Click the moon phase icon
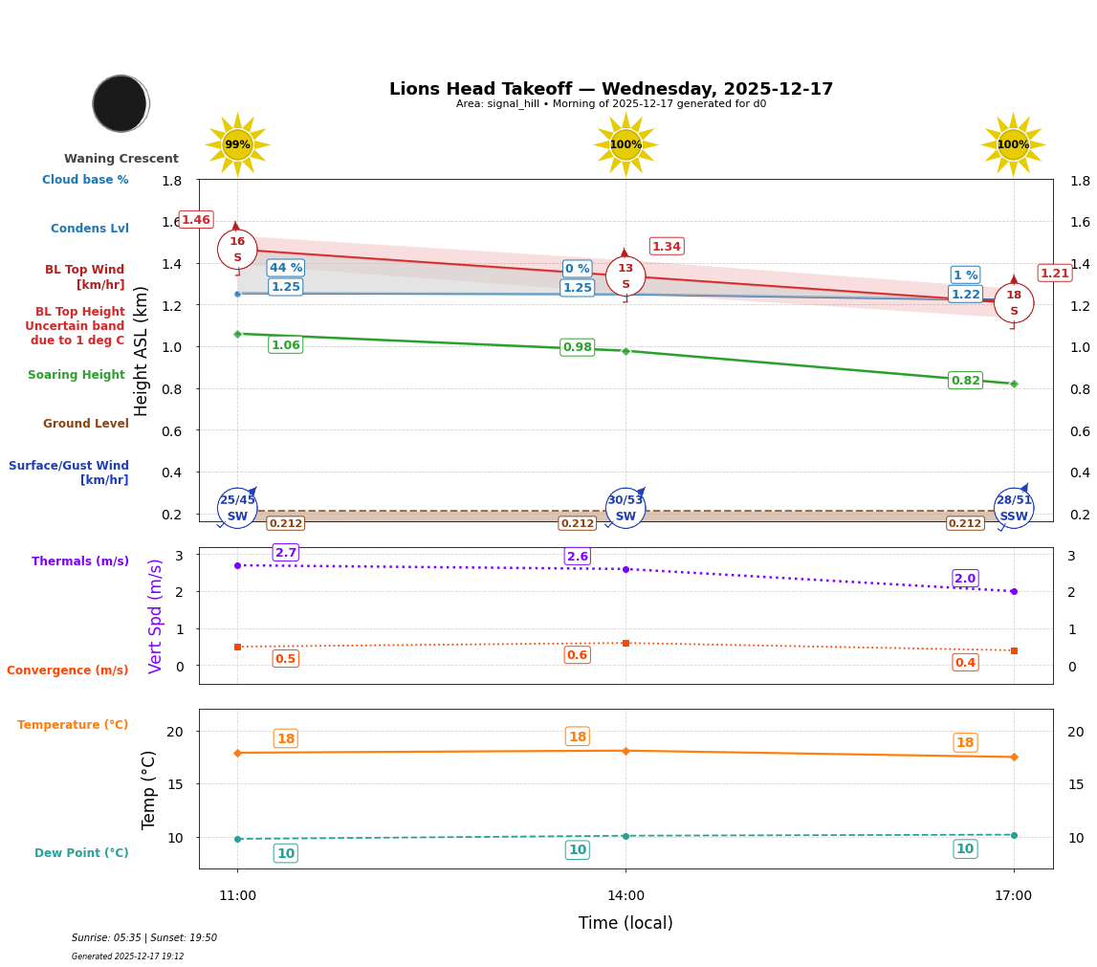tap(121, 103)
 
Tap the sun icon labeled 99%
tap(237, 144)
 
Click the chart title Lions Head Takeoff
tap(610, 89)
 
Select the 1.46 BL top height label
tap(196, 220)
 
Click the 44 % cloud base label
tap(286, 268)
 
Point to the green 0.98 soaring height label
tap(577, 347)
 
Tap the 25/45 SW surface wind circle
tap(237, 508)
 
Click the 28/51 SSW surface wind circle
tap(1014, 508)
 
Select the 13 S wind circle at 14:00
tap(625, 276)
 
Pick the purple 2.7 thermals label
tap(286, 553)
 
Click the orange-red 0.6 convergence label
tap(577, 655)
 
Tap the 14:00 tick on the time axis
tap(625, 896)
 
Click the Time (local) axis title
tap(625, 923)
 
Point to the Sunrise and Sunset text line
tap(144, 938)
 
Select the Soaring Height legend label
tap(77, 375)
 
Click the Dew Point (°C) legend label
tap(81, 853)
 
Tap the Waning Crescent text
tap(121, 159)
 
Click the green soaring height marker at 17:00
tap(1014, 384)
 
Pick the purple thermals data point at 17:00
tap(1014, 591)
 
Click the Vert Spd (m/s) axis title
tap(156, 616)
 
